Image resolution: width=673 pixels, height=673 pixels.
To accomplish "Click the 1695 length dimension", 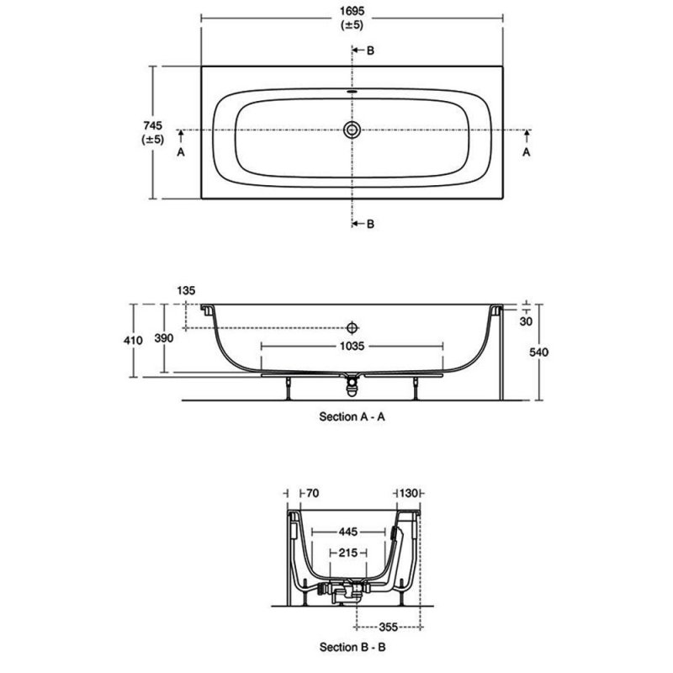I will [x=352, y=14].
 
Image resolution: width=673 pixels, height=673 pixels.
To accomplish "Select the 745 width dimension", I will [x=152, y=125].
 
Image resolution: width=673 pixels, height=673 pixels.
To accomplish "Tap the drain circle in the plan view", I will [x=352, y=130].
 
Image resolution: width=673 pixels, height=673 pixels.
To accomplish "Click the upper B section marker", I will [x=370, y=51].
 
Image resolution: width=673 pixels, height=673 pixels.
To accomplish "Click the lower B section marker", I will [x=370, y=223].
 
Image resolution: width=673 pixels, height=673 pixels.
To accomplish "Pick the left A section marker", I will [x=179, y=152].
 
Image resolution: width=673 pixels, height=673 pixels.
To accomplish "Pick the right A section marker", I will [x=527, y=152].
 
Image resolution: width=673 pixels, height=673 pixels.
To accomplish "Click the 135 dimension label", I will [x=187, y=290].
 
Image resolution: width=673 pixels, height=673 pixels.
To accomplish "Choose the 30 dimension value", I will [x=527, y=321].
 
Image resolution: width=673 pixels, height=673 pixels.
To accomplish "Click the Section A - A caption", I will [x=352, y=416].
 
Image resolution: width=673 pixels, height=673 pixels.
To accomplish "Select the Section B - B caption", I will [x=352, y=648].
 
